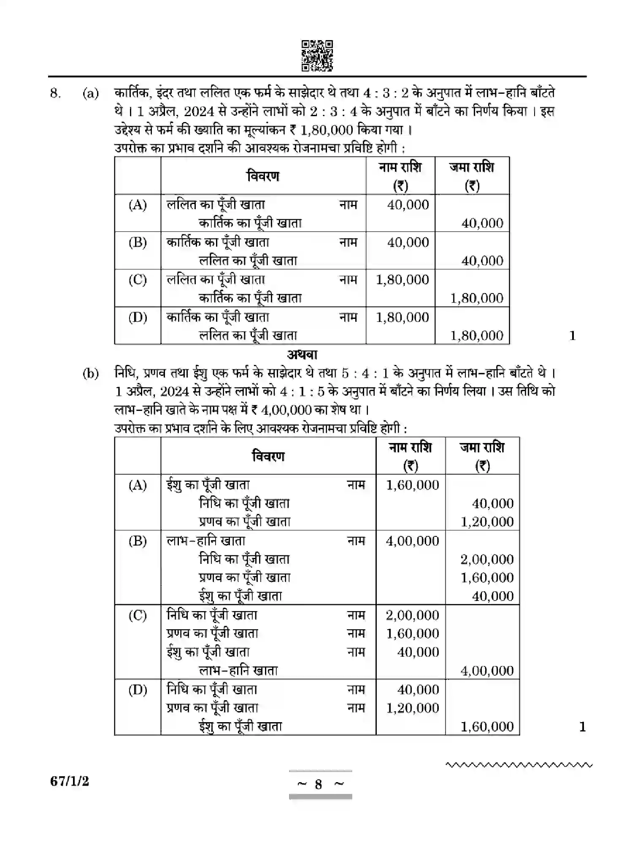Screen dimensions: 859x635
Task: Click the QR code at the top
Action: point(317,55)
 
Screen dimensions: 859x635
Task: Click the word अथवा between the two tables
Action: point(302,354)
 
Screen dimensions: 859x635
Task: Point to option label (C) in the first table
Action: point(138,280)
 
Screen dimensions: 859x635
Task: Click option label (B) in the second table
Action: point(138,541)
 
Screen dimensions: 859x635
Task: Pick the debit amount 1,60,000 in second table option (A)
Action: point(412,485)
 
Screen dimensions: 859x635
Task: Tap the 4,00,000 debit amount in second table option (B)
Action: point(412,541)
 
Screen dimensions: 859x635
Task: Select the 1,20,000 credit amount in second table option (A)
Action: point(487,522)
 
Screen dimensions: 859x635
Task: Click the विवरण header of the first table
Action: point(263,176)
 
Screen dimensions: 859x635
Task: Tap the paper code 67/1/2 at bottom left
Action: point(70,781)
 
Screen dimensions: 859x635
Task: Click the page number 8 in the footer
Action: point(319,785)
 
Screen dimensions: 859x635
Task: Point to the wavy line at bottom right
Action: point(519,764)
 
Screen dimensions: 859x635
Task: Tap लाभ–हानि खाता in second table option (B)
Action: point(206,541)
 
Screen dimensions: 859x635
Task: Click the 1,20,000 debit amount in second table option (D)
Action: point(412,708)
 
